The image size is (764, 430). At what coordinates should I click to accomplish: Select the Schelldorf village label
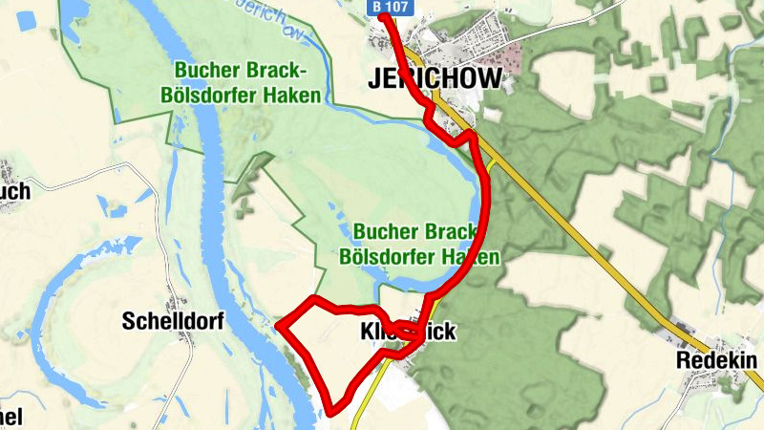tap(172, 322)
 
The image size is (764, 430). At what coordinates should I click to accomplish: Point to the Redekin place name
tap(716, 360)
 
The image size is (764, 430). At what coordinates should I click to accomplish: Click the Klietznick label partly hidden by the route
tap(396, 333)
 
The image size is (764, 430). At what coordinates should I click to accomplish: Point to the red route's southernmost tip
tap(333, 412)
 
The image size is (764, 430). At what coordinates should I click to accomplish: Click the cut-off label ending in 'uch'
tap(14, 191)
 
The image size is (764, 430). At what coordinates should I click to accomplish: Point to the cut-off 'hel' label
tap(11, 417)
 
